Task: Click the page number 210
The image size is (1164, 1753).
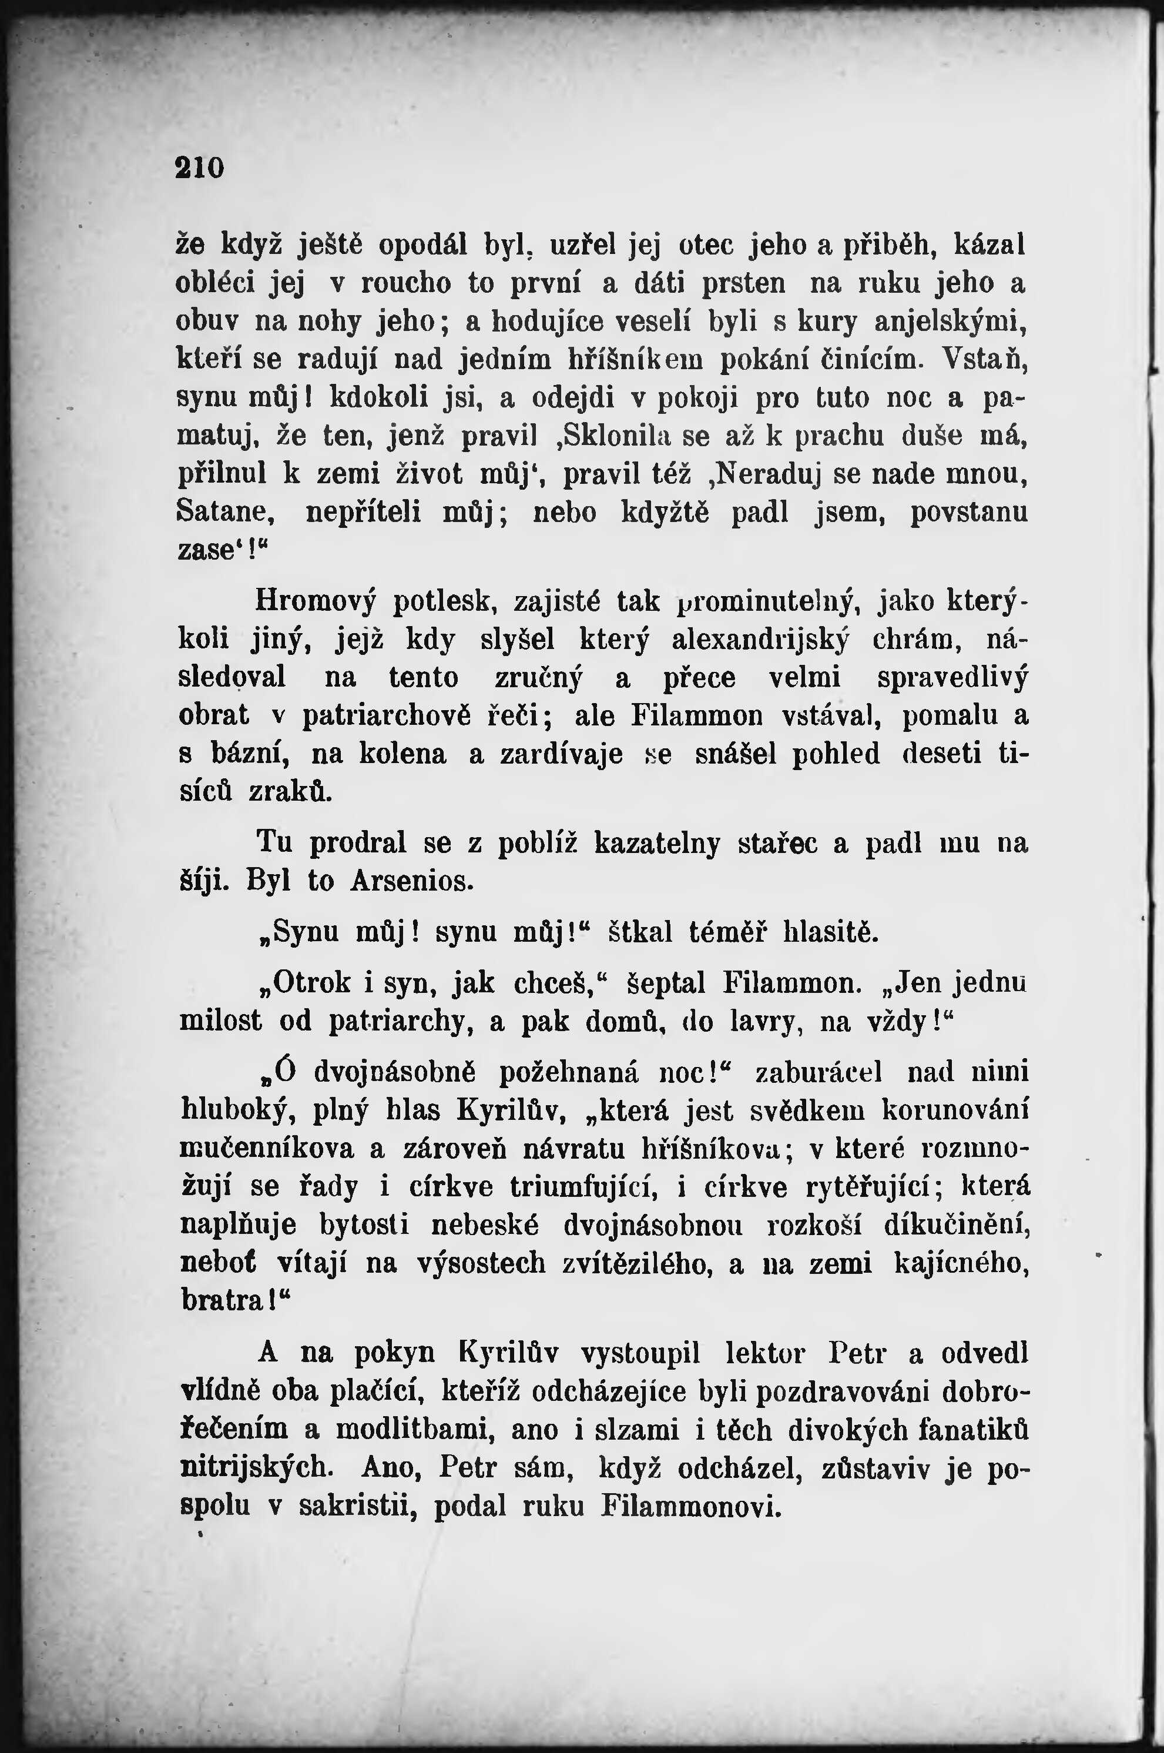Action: (x=199, y=168)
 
